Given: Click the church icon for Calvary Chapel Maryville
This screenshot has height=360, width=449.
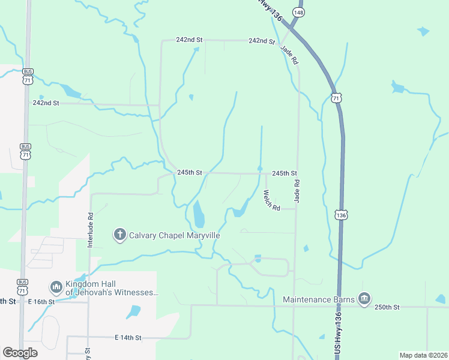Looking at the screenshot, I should pyautogui.click(x=120, y=235).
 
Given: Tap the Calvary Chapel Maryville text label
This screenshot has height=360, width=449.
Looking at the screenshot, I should pyautogui.click(x=175, y=235).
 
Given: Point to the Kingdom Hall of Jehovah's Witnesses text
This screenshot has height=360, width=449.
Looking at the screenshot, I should pyautogui.click(x=113, y=289).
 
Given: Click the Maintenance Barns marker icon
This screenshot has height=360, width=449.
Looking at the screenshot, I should pyautogui.click(x=364, y=298).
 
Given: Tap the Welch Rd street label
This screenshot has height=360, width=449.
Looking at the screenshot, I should pyautogui.click(x=272, y=200).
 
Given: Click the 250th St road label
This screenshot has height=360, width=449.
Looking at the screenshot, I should pyautogui.click(x=387, y=307).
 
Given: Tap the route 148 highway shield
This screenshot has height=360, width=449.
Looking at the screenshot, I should pyautogui.click(x=298, y=12).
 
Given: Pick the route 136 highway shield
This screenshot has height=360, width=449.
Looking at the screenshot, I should pyautogui.click(x=341, y=214).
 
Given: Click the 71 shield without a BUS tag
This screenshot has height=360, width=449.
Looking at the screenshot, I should pyautogui.click(x=337, y=97).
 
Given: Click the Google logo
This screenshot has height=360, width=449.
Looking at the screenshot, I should pyautogui.click(x=20, y=352).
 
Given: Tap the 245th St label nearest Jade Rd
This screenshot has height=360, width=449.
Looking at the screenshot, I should pyautogui.click(x=285, y=173).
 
